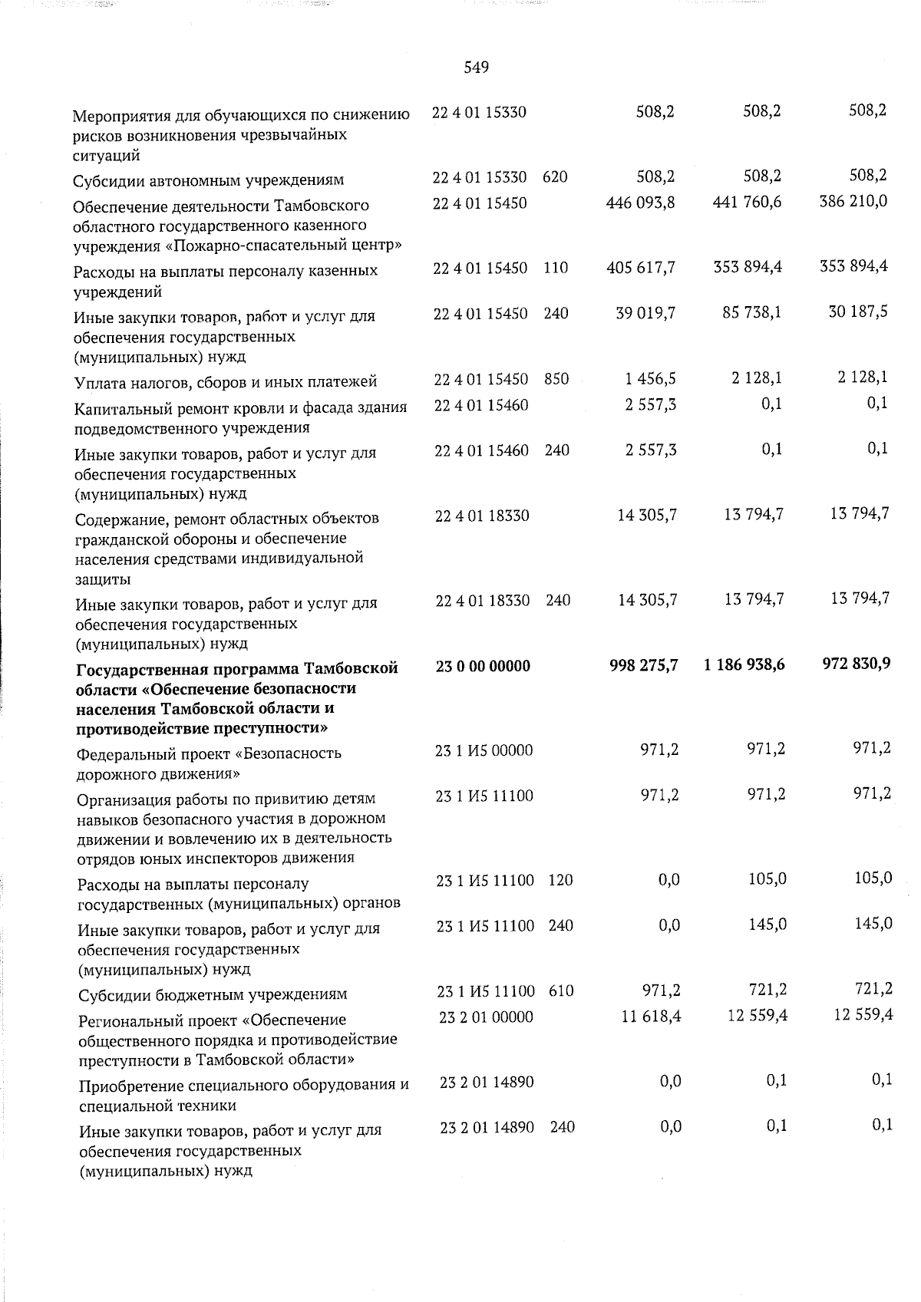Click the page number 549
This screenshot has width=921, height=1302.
pyautogui.click(x=477, y=68)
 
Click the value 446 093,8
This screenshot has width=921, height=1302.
pyautogui.click(x=641, y=203)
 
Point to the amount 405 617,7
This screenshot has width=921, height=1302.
pyautogui.click(x=641, y=268)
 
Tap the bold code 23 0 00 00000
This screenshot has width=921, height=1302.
pyautogui.click(x=483, y=666)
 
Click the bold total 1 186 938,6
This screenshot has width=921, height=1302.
pyautogui.click(x=743, y=665)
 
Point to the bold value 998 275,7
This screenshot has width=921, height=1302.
pyautogui.click(x=643, y=666)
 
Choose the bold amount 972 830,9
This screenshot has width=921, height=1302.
pyautogui.click(x=855, y=664)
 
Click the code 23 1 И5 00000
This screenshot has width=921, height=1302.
pyautogui.click(x=484, y=750)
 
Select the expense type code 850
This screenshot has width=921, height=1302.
pyautogui.click(x=556, y=378)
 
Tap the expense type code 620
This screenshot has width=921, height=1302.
pyautogui.click(x=555, y=177)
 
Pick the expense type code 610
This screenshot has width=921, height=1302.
pyautogui.click(x=561, y=991)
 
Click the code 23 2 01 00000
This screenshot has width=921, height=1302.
pyautogui.click(x=486, y=1017)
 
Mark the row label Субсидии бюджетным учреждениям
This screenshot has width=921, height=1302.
pyautogui.click(x=213, y=995)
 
